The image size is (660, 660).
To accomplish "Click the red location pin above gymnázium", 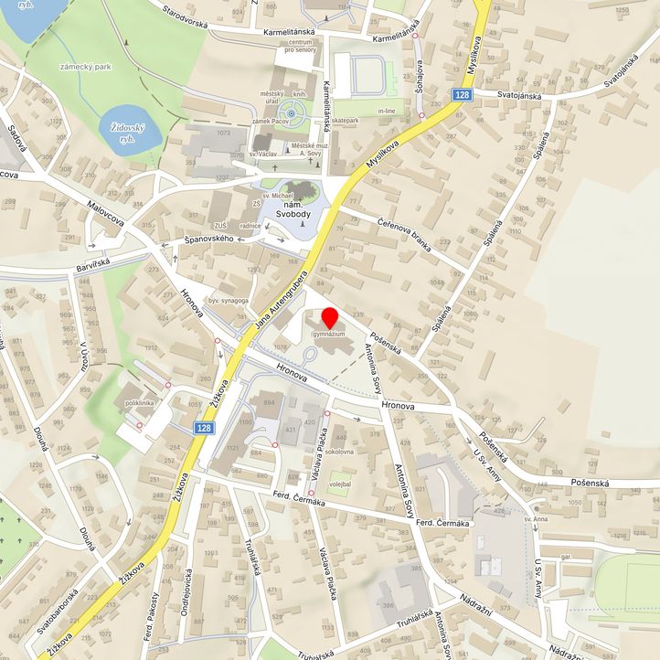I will [330, 322].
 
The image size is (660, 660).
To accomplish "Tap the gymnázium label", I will [330, 335].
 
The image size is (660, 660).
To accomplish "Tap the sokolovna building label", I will [339, 452].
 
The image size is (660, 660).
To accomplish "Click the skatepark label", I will [345, 121].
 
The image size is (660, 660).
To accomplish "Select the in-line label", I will [386, 111].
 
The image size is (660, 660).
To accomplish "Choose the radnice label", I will [253, 226].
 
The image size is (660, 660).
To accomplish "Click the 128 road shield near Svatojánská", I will [463, 94].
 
